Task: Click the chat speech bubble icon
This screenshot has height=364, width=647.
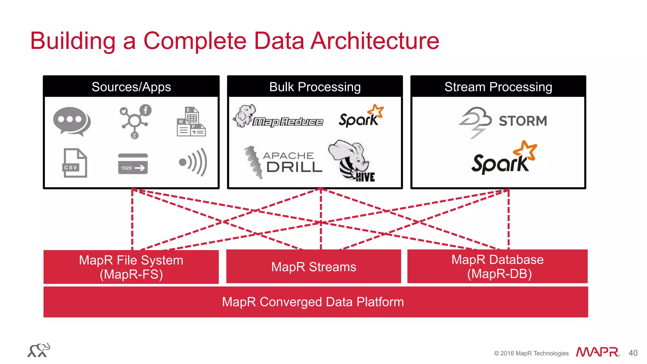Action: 72,121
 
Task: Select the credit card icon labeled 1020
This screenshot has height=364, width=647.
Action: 133,164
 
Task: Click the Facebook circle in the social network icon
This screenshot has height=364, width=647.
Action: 146,110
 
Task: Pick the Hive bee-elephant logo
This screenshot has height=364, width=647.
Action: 352,161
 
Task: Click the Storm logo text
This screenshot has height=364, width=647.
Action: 523,121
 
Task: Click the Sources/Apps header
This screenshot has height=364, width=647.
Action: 131,87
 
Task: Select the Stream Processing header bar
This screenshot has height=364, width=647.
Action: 498,87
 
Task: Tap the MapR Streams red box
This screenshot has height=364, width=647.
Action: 313,267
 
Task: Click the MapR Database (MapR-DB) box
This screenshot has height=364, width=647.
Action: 497,266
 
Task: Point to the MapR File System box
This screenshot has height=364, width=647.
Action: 131,267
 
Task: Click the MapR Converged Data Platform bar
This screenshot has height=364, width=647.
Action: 313,302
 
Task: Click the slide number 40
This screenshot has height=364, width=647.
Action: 633,353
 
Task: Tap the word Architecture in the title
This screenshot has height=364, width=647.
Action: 375,41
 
